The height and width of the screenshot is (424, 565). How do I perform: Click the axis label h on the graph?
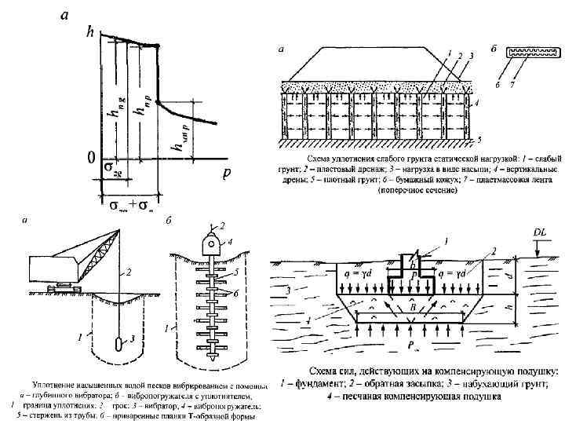point(90,33)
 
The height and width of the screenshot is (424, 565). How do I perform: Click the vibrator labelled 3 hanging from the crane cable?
point(118,344)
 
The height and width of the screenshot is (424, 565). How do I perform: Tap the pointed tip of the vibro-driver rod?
point(212,357)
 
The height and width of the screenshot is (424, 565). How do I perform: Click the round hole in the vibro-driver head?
point(212,243)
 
